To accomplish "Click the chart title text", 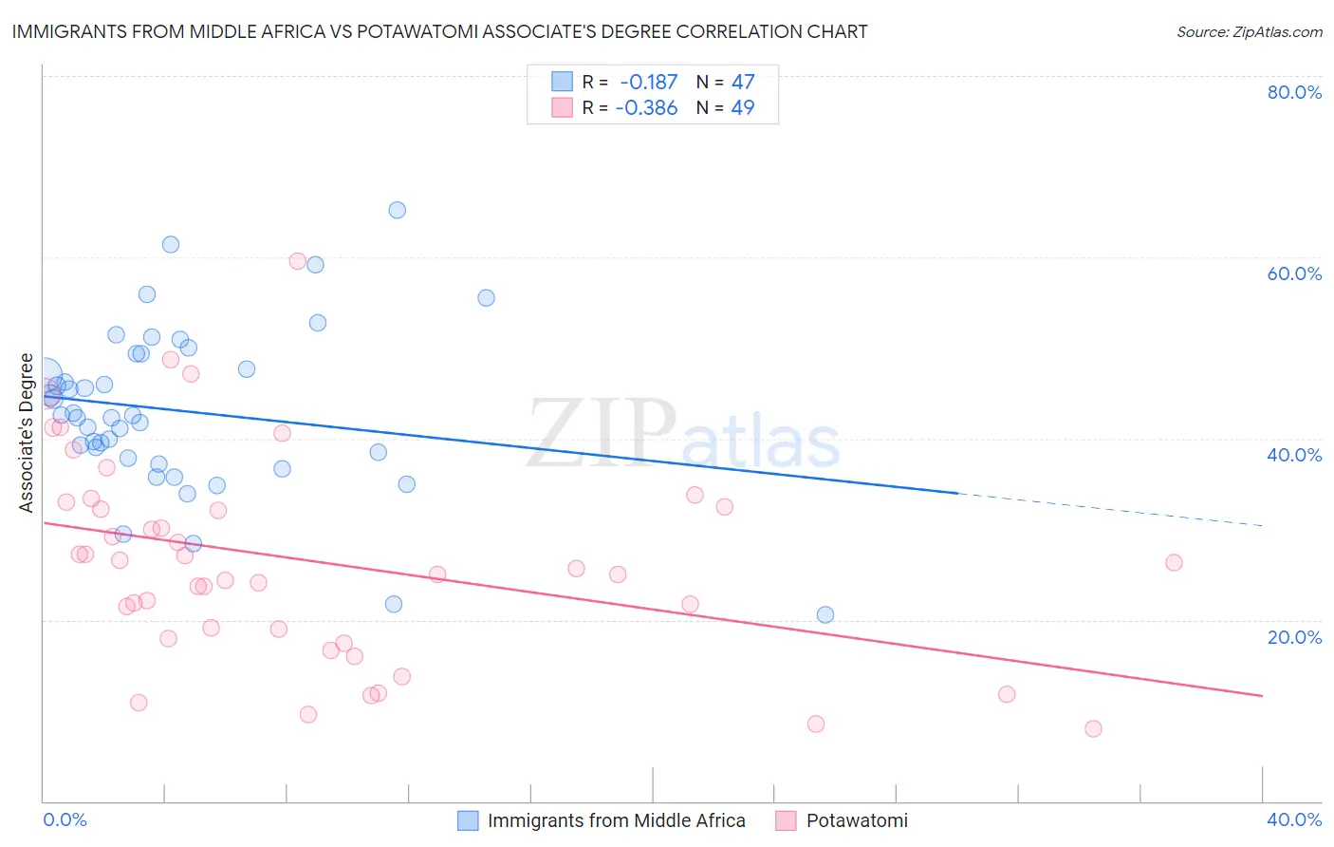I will coord(439,31).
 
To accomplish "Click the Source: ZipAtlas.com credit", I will coord(1249,31).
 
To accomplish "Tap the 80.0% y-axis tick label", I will coord(1294,92).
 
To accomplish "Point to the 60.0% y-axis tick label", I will coord(1294,273).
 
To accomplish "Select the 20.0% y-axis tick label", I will coord(1294,637).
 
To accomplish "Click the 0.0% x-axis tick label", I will coord(65,819).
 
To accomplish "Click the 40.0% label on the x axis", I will coord(1294,819).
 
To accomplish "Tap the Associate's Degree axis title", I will coord(27,433).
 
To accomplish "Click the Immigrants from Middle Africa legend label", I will coord(616,820).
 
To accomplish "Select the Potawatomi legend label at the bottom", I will coord(857,820).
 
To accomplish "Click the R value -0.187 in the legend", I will coord(648,83).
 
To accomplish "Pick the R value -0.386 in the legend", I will coord(646,107).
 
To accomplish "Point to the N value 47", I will coord(743,83).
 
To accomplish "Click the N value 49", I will coord(743,107).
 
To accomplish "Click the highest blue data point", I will coord(398,210).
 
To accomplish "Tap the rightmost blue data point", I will coord(825,614).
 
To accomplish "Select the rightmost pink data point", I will coord(1174,562).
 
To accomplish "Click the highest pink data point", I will coord(297,261).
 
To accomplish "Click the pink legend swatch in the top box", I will coord(562,107).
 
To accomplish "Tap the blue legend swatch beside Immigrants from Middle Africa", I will coord(468,820).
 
